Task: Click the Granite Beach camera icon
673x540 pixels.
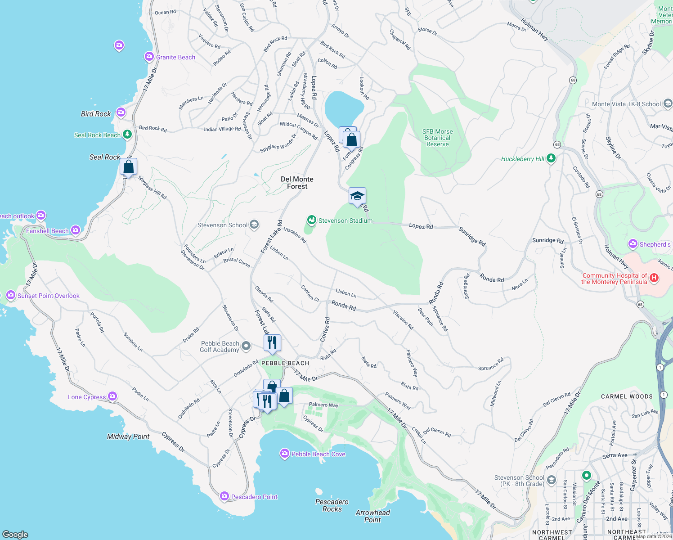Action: click(x=149, y=57)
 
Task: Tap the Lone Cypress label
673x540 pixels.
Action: click(x=87, y=397)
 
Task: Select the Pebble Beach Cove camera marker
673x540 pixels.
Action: click(x=284, y=454)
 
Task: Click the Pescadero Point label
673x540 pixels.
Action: click(x=254, y=497)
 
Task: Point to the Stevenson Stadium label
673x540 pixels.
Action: click(x=345, y=220)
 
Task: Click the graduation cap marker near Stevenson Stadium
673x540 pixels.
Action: click(x=357, y=196)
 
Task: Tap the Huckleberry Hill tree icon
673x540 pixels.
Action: click(x=551, y=158)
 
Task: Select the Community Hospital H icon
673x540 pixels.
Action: click(x=654, y=278)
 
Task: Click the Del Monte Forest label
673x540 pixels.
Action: click(x=297, y=183)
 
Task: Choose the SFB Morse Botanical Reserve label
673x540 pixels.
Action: click(x=437, y=138)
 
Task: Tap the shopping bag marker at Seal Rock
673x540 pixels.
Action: click(x=129, y=167)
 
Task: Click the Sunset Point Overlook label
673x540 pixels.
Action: click(x=48, y=296)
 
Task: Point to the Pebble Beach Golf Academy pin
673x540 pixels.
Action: click(x=246, y=346)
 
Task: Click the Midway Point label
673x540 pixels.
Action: click(x=128, y=436)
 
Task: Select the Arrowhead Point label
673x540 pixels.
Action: click(x=372, y=516)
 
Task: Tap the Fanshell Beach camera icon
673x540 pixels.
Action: click(x=76, y=230)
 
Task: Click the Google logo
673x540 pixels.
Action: click(x=15, y=534)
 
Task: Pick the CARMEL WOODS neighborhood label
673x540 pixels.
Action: click(x=627, y=396)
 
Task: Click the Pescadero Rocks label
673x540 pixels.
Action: click(x=332, y=505)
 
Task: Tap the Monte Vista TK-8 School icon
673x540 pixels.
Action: click(x=668, y=104)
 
